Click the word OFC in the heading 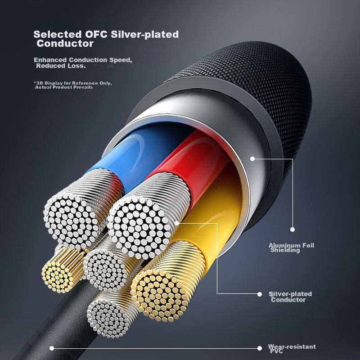pyautogui.click(x=96, y=34)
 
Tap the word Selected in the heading pyautogui.click(x=58, y=34)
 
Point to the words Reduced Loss pyautogui.click(x=61, y=66)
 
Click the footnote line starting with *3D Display pyautogui.click(x=73, y=83)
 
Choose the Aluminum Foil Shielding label pyautogui.click(x=291, y=248)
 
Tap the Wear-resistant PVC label pyautogui.click(x=292, y=349)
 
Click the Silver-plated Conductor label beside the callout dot pyautogui.click(x=290, y=297)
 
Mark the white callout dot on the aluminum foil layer pyautogui.click(x=252, y=159)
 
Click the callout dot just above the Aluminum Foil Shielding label pyautogui.click(x=292, y=229)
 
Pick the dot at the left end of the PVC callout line pyautogui.click(x=52, y=348)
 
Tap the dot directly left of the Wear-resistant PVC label pyautogui.click(x=260, y=348)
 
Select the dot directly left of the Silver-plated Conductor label pyautogui.click(x=260, y=294)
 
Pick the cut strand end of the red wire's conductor pyautogui.click(x=139, y=228)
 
